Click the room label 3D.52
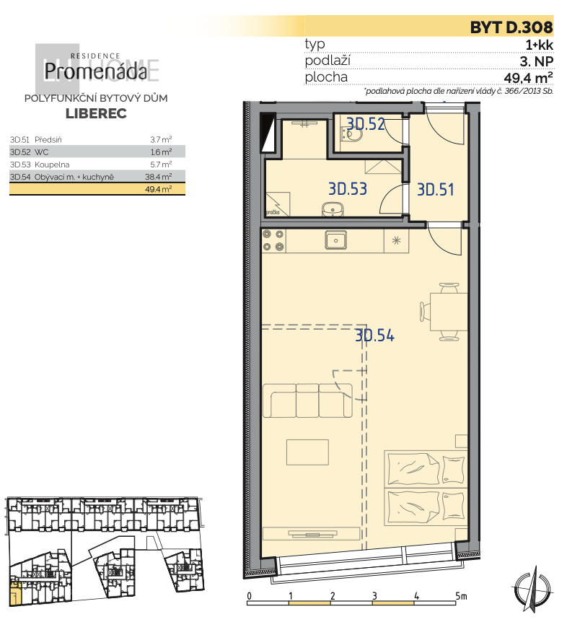[x=365, y=124]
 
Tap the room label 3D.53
[x=348, y=190]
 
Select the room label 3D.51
[x=436, y=190]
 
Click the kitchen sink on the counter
[x=335, y=239]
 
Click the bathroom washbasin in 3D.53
[x=332, y=209]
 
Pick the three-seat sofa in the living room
[x=307, y=400]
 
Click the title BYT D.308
[x=511, y=28]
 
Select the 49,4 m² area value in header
[x=528, y=77]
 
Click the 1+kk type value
[x=540, y=45]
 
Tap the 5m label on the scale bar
[x=461, y=596]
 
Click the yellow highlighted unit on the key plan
[x=14, y=595]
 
